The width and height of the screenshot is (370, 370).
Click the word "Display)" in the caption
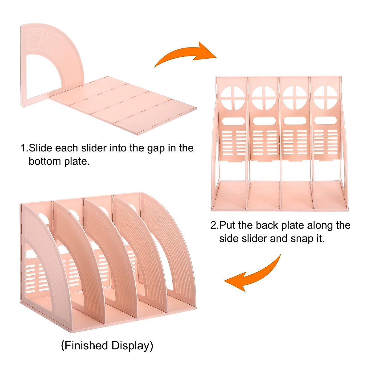(132, 346)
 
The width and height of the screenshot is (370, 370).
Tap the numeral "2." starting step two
(214, 225)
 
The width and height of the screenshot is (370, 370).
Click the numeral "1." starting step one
(24, 148)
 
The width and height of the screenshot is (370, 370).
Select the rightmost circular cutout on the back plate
(325, 97)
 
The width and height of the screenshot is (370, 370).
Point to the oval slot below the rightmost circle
(324, 121)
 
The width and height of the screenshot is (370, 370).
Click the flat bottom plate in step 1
(123, 105)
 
